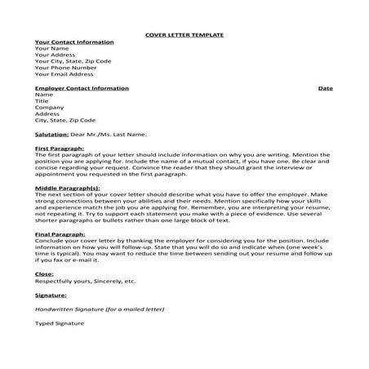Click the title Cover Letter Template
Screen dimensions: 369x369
[184, 36]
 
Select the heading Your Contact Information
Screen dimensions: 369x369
[74, 42]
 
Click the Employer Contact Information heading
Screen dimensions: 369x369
[82, 87]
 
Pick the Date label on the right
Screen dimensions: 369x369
[325, 87]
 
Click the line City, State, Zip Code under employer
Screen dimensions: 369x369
[65, 120]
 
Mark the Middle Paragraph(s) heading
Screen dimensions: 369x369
[68, 188]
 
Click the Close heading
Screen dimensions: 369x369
[45, 273]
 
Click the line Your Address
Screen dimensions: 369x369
[55, 55]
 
